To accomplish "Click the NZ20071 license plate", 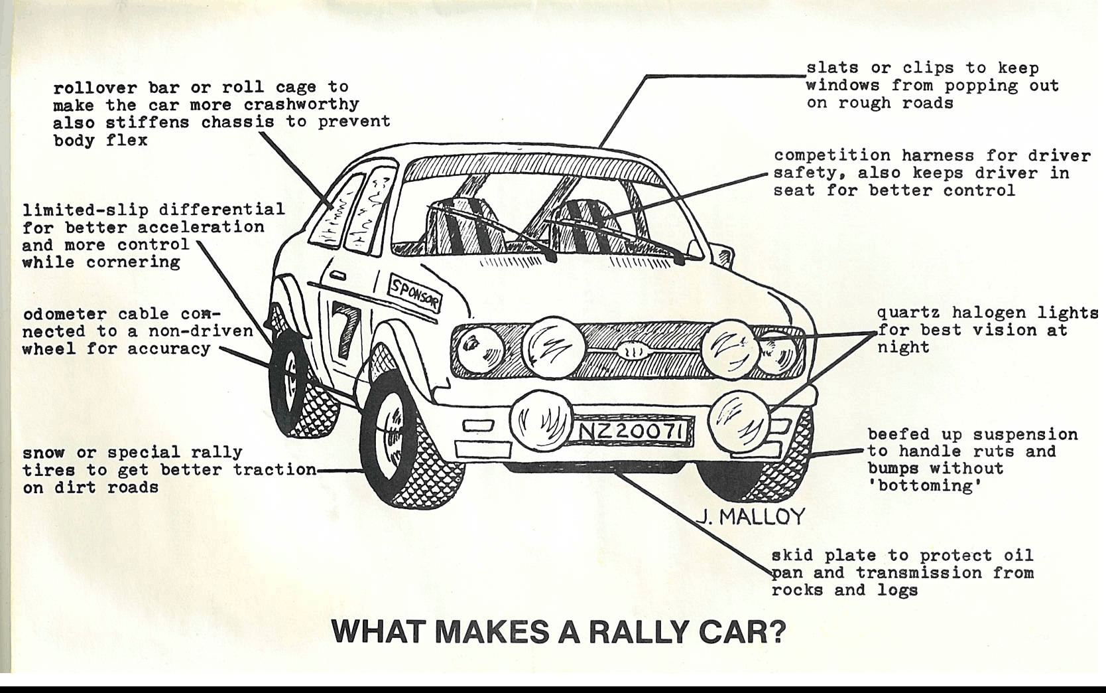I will coord(631,431).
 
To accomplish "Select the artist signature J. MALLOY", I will coord(752,516).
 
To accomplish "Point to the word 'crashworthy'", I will coord(301,105).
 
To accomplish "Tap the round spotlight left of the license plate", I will coord(541,418).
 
